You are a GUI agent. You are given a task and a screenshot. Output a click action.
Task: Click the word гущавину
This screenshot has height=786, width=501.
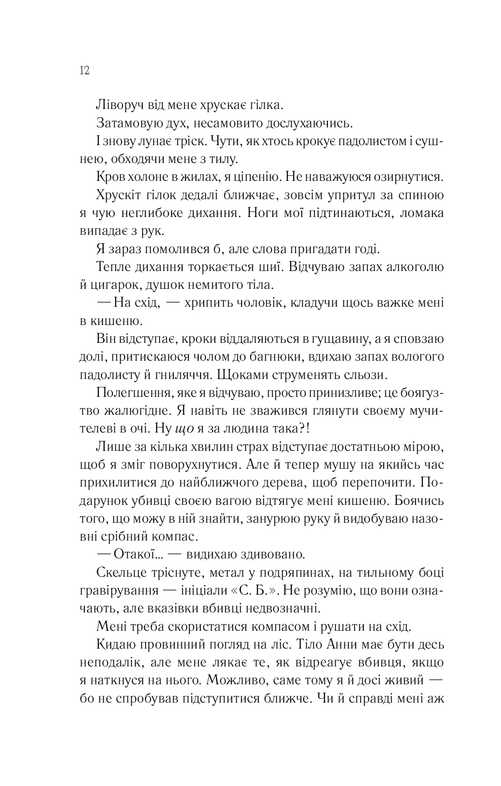pyautogui.click(x=337, y=339)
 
